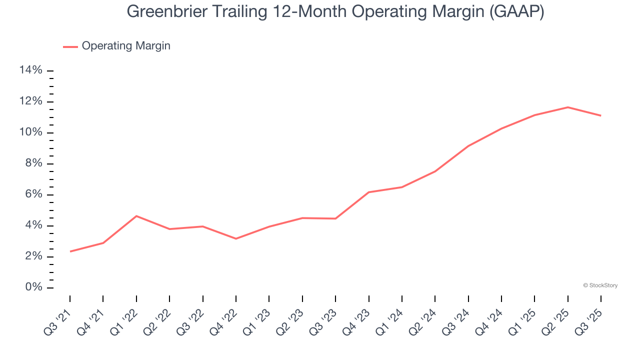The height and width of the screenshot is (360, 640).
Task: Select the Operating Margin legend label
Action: coord(126,46)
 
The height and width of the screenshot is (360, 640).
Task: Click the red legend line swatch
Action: coord(70,46)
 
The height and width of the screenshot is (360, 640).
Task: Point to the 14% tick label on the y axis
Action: coord(30,70)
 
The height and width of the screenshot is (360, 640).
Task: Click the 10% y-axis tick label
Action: coord(30,132)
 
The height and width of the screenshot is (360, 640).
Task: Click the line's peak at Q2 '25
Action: coord(568,107)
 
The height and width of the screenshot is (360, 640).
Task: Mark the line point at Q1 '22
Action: coord(136,216)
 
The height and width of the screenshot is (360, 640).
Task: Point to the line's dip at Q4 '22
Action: coord(236,238)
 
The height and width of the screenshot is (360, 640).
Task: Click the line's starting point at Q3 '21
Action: coord(70,251)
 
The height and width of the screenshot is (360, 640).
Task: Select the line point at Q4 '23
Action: coord(369,192)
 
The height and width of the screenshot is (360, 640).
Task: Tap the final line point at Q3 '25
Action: coord(601,115)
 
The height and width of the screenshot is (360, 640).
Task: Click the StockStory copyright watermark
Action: coord(600,285)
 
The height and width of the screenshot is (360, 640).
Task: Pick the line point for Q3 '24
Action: coord(468,146)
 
